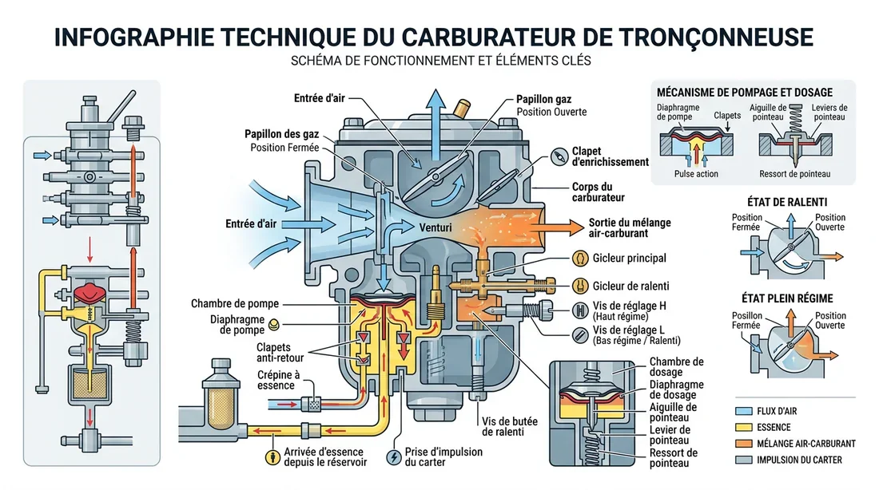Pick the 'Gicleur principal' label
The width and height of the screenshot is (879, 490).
point(630,259)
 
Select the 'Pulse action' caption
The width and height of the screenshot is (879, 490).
point(696,174)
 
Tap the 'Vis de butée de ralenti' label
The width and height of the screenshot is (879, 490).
point(503,427)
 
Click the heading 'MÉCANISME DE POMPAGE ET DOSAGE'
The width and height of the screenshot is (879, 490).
point(743,93)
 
